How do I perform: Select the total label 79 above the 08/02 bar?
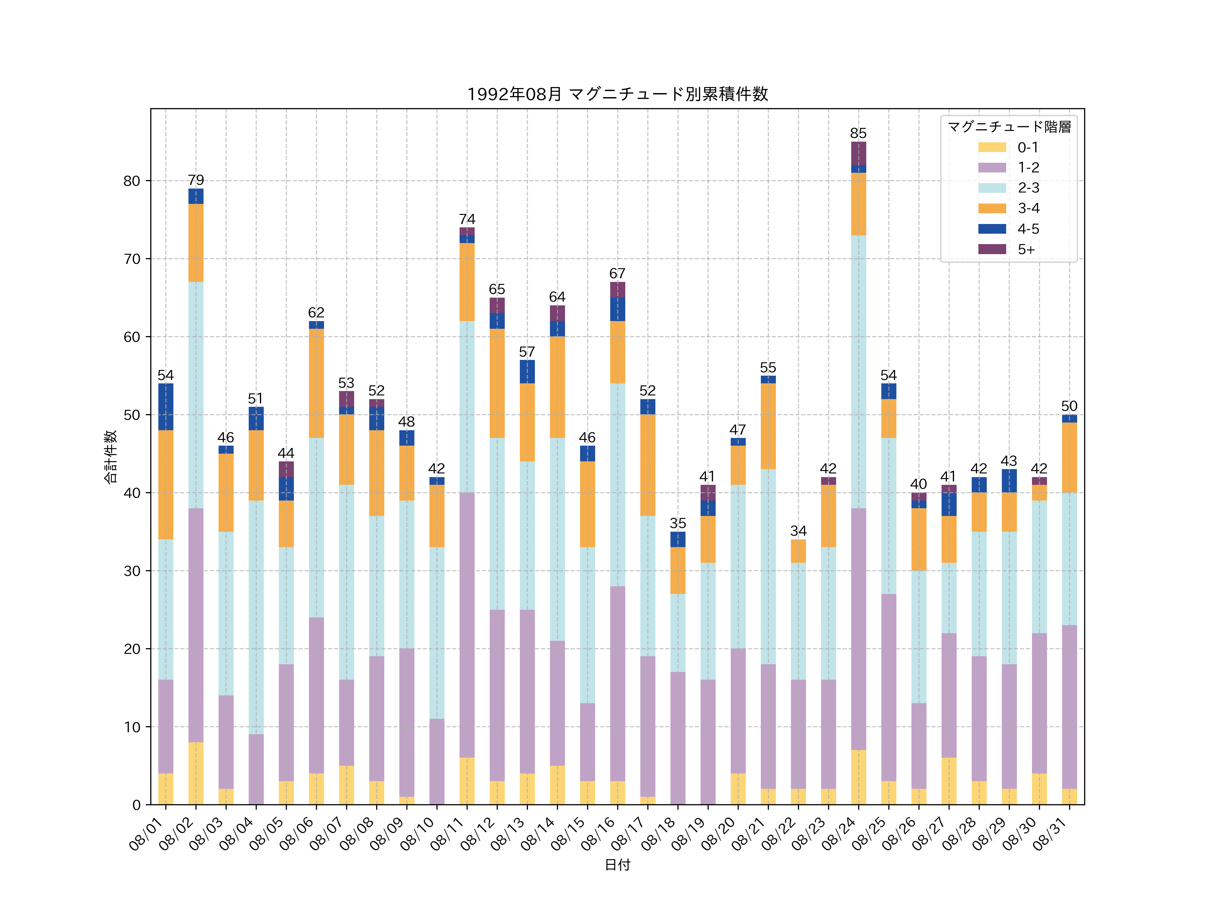[x=196, y=180]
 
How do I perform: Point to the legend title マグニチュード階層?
[x=1009, y=127]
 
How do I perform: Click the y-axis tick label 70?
[x=132, y=259]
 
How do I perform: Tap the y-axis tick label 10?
[x=132, y=727]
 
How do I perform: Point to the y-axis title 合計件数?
[x=110, y=457]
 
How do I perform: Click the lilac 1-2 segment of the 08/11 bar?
[x=467, y=625]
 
